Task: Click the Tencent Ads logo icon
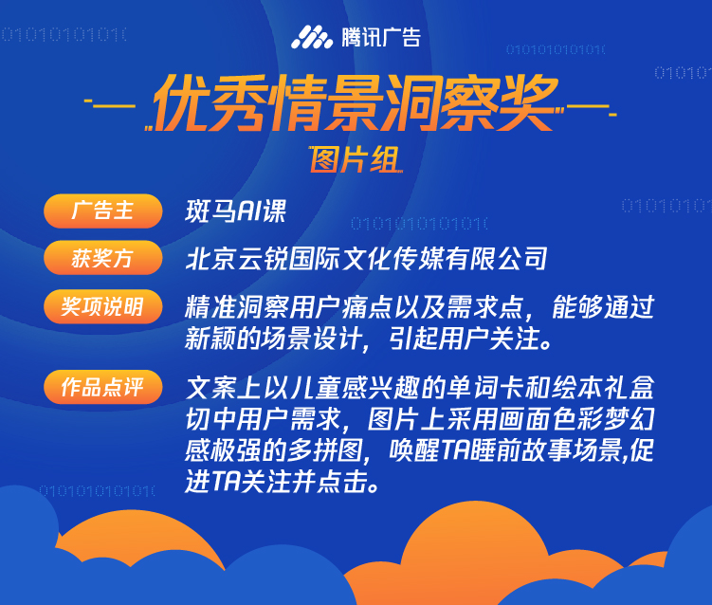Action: point(312,37)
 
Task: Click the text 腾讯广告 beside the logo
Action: point(381,37)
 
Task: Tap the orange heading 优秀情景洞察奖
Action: point(356,102)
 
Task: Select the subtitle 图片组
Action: point(356,159)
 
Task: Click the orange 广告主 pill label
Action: point(103,211)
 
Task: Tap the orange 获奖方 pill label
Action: point(103,258)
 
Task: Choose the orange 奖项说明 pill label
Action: point(103,306)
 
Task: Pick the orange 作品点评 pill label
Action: point(103,387)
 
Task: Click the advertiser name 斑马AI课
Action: point(235,211)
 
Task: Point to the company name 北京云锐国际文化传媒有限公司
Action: point(366,259)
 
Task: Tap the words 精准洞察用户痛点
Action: point(288,307)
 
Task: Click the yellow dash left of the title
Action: point(110,105)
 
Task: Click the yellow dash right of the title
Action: point(592,109)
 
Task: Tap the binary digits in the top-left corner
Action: point(64,34)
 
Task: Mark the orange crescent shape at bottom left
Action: point(137,536)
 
